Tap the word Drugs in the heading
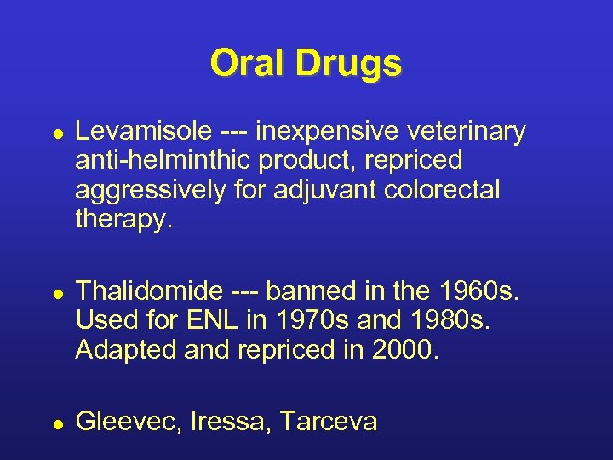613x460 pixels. click(349, 63)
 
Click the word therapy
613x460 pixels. click(123, 219)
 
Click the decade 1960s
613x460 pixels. click(484, 292)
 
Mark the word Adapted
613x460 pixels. click(123, 350)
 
